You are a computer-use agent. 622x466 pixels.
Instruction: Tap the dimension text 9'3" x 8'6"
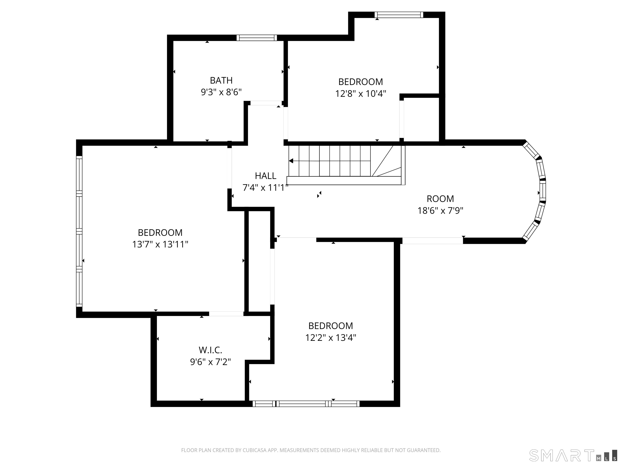(221, 92)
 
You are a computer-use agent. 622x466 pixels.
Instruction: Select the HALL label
(265, 176)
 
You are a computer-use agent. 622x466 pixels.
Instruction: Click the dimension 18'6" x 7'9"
(440, 210)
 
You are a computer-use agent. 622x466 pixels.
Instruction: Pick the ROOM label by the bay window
(440, 199)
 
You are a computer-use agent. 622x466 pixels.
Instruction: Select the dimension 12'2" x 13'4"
(331, 337)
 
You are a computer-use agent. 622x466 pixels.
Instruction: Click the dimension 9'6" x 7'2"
(211, 362)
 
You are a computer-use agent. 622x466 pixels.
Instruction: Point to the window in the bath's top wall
(257, 38)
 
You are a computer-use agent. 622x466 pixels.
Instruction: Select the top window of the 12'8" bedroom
(399, 15)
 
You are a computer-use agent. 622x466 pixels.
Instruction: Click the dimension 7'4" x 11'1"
(265, 188)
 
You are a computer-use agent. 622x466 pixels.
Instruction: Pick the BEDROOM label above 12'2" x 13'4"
(331, 326)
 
